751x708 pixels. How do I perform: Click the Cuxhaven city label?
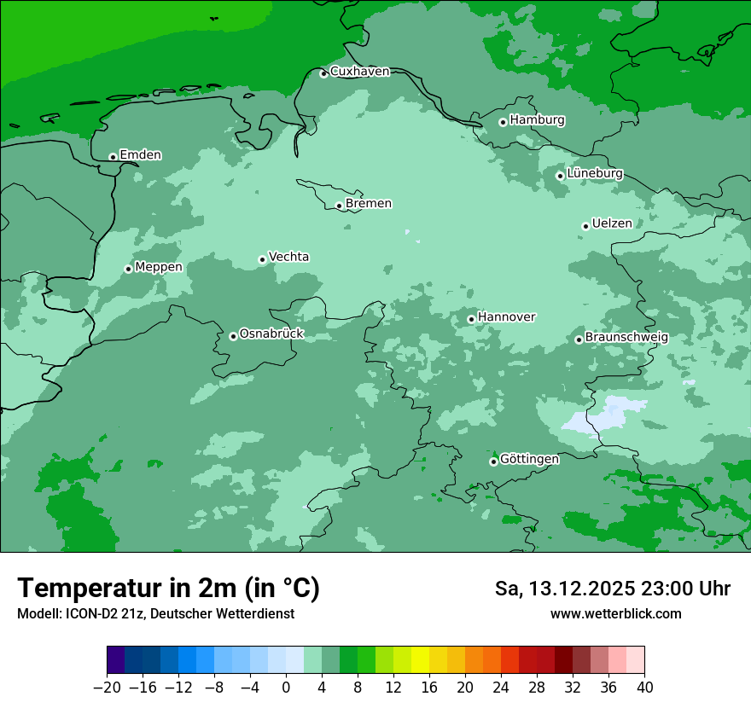coord(359,72)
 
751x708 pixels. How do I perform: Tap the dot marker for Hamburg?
coord(504,122)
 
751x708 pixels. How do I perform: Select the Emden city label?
coord(140,155)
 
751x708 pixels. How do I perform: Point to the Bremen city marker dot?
coord(339,206)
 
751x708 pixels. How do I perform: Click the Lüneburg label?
coord(595,174)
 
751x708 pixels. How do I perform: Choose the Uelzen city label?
coord(612,224)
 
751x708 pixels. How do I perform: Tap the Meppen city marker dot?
coord(128,269)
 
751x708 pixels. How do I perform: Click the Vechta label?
coord(288,257)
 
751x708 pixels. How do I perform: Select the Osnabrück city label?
coord(271,334)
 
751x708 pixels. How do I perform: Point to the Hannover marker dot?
coord(471,319)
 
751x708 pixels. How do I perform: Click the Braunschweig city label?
coord(626,338)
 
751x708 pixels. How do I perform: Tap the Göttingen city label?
coord(529,460)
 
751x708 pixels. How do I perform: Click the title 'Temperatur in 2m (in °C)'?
coord(168,589)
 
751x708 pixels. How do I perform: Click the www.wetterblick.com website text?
coord(615,614)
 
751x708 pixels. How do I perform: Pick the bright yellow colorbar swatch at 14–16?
coord(420,660)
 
